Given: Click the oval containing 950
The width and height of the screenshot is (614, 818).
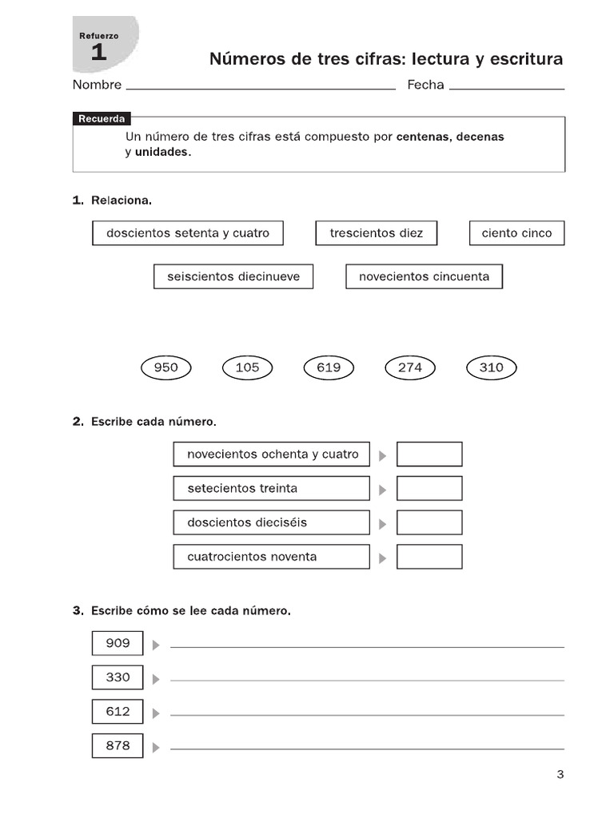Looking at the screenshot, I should click(165, 367).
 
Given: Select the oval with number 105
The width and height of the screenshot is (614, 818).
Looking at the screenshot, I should click(247, 367).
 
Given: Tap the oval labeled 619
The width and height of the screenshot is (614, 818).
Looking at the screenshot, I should click(329, 367).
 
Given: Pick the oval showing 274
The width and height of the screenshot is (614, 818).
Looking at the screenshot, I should click(409, 367).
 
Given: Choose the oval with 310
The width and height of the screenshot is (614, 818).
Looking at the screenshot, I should click(491, 367).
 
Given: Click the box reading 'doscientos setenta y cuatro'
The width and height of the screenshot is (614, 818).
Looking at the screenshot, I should click(188, 233).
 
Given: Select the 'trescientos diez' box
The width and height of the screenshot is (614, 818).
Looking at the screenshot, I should click(376, 233).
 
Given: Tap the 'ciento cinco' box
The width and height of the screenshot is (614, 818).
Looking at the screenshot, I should click(516, 233).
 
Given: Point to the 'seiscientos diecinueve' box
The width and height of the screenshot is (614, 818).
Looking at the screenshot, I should click(233, 276).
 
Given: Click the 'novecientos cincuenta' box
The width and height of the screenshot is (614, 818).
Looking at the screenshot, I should click(424, 276).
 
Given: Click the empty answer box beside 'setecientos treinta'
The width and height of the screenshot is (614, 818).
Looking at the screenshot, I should click(429, 488).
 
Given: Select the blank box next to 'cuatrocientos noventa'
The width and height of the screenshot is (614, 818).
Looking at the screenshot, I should click(429, 557).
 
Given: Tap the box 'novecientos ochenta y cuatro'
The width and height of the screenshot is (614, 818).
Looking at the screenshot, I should click(272, 454).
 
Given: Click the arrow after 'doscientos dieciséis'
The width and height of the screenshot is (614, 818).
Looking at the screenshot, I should click(383, 524).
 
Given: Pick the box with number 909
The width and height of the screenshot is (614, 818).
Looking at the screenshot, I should click(118, 643).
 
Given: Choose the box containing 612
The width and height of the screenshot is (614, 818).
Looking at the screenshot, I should click(118, 711).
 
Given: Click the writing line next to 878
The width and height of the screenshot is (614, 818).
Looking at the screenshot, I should click(367, 749).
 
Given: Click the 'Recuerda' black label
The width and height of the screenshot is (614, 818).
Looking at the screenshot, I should click(102, 119).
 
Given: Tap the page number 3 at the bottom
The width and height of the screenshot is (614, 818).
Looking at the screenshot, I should click(560, 773).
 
